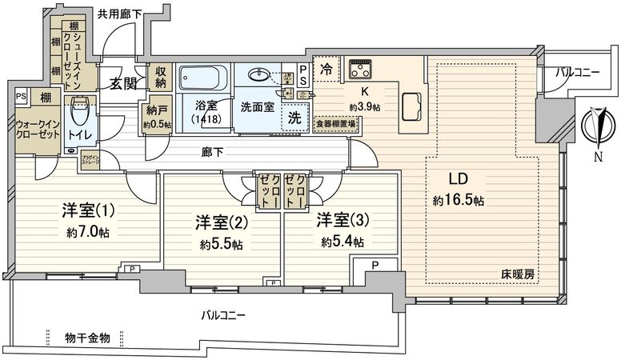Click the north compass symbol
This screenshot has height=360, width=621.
pos(596,126)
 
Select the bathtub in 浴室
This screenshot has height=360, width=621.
pos(202,80)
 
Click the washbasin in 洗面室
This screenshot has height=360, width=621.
pos(260,77)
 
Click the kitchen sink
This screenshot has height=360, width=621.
pos(413,106)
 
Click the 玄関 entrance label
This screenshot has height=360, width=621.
pos(122,83)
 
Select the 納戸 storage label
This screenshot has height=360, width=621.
pos(156,111)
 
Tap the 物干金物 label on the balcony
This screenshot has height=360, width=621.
pos(88,337)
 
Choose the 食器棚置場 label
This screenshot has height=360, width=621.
pos(335,124)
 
